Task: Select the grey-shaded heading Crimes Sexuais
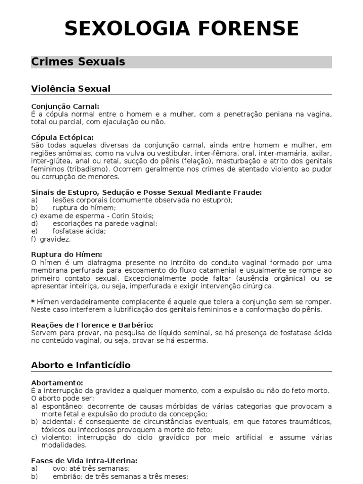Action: pyautogui.click(x=78, y=62)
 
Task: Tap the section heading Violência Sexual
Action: pyautogui.click(x=71, y=88)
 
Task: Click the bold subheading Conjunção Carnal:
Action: pyautogui.click(x=66, y=106)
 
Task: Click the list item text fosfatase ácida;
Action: pyautogui.click(x=79, y=231)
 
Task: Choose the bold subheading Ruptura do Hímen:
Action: pyautogui.click(x=67, y=254)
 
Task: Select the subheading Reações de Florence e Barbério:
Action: pyautogui.click(x=92, y=325)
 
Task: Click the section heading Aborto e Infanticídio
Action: pyautogui.click(x=81, y=365)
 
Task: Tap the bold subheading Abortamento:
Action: pyautogui.click(x=57, y=382)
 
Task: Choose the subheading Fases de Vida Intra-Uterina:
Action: pyautogui.click(x=84, y=460)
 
